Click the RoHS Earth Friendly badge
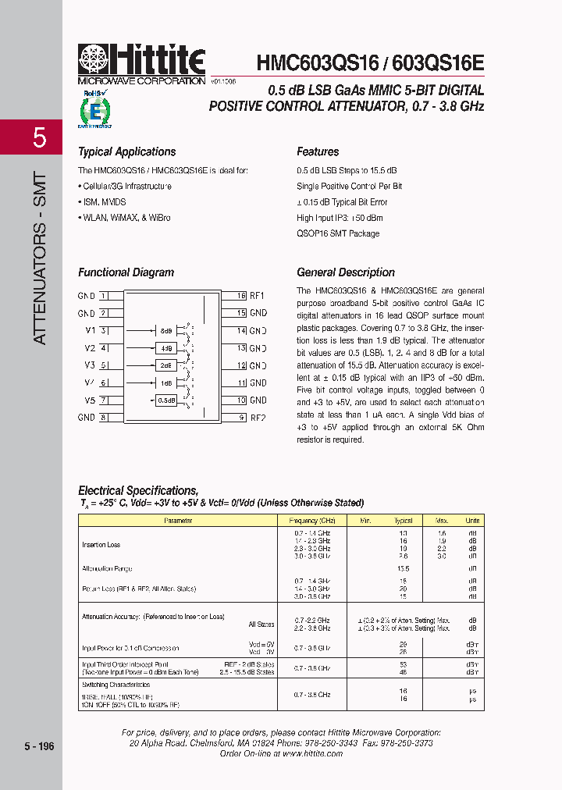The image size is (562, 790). (94, 109)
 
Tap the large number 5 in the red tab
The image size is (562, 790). (39, 138)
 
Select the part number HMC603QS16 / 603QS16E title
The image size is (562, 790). (370, 62)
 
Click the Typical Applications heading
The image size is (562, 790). (126, 152)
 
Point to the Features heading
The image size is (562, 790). (318, 152)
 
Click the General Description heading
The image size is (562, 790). (346, 272)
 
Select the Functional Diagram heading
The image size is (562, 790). (126, 272)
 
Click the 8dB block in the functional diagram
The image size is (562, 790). (165, 331)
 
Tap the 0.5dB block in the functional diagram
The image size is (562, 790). (165, 400)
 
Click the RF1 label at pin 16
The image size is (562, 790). (258, 296)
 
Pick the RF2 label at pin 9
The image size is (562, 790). (258, 418)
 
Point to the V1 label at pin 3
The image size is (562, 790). (90, 331)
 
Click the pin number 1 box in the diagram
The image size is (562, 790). (103, 296)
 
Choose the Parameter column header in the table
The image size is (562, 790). (178, 520)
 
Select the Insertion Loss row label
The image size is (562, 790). (101, 545)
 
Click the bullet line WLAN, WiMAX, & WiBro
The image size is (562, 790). (125, 218)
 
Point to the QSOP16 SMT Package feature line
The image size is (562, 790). (338, 233)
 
